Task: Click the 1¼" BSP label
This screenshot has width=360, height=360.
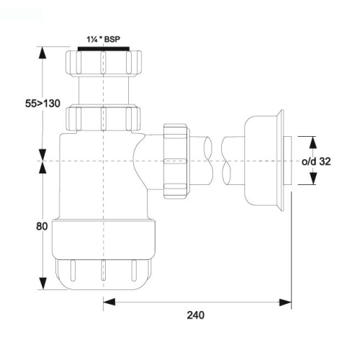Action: (x=103, y=39)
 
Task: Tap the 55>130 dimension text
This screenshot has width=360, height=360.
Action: (x=42, y=104)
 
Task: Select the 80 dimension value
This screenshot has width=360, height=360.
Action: (x=42, y=226)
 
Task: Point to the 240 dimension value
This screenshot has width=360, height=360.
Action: (x=196, y=315)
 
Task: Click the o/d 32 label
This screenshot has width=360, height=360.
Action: (x=316, y=161)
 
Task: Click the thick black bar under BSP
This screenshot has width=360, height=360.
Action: (x=104, y=49)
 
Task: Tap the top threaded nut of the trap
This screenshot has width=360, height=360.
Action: (x=104, y=63)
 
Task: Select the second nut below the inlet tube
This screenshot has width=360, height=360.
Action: (x=103, y=117)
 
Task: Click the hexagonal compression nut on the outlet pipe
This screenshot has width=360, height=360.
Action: (x=176, y=161)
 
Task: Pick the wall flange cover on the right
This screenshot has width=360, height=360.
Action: (x=264, y=161)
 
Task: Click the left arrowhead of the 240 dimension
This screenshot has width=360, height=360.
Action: (x=109, y=302)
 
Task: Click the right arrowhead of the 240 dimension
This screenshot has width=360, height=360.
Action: (x=285, y=302)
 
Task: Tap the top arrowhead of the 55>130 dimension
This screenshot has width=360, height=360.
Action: (x=42, y=53)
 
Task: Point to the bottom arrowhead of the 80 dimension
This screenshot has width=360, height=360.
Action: (x=42, y=283)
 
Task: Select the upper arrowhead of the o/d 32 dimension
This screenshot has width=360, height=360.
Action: (x=312, y=142)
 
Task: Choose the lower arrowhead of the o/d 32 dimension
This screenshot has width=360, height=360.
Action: (x=312, y=179)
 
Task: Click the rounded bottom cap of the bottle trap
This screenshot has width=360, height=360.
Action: (x=104, y=274)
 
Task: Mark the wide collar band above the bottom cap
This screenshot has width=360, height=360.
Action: (x=104, y=239)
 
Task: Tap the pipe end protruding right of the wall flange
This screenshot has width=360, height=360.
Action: (x=287, y=161)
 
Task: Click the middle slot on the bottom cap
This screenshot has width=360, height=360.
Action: (x=103, y=270)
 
